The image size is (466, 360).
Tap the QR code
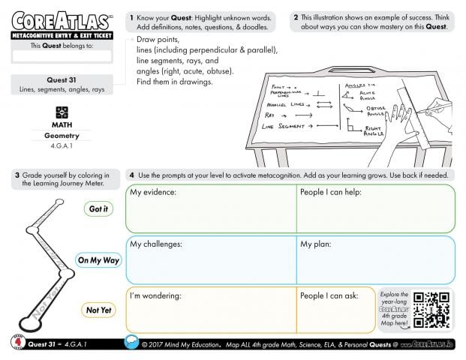431,309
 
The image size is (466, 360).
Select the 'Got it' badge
98,209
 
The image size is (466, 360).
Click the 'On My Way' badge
98,260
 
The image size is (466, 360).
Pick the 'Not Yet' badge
98,310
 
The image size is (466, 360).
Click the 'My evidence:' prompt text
153,193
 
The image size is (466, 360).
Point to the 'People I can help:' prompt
331,193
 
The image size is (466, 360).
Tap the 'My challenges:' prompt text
156,244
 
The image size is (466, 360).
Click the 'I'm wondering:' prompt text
156,295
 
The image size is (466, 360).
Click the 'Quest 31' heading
62,79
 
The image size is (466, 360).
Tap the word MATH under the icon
62,124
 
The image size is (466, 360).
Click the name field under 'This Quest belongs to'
62,55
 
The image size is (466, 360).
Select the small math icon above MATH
62,112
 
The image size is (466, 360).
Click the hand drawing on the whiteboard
396,124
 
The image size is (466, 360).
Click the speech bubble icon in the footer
132,343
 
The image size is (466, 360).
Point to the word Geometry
62,136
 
